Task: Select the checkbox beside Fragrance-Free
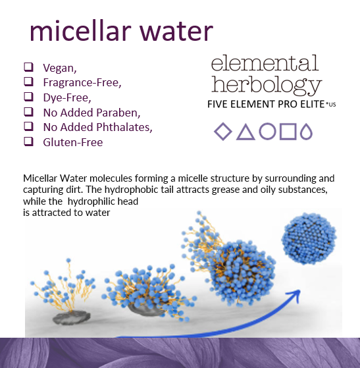click(29, 82)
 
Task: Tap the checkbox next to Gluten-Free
click(29, 141)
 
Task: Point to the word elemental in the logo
click(265, 63)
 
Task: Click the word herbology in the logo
click(266, 85)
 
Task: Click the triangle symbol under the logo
click(245, 132)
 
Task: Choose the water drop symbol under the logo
click(306, 132)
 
